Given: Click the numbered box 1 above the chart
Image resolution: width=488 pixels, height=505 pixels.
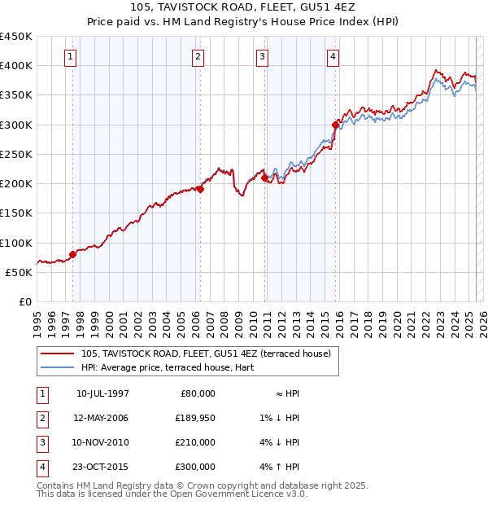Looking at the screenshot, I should coord(72,57).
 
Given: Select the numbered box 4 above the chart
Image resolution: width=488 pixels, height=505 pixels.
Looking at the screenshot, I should coord(333,57).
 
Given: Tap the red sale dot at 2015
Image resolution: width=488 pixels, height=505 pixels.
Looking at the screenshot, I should coord(336,125).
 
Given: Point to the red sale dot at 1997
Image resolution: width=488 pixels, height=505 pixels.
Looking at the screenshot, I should coord(72,254).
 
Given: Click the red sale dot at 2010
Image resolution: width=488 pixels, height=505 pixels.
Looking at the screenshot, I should coord(264,178).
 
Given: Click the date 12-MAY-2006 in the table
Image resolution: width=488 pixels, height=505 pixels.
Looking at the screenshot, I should coord(102,418).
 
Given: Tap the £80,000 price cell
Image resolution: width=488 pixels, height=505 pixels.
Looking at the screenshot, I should coord(195,393).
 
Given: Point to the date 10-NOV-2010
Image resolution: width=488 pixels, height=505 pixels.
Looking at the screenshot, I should coord(102,442).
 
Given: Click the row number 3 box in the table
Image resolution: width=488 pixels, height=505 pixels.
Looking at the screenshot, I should coord(41,442).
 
